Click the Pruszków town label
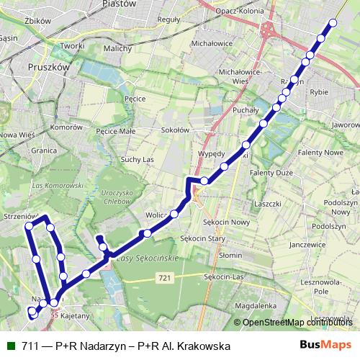pos(48,65)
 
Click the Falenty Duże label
pos(274,173)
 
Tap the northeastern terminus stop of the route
pos(333,23)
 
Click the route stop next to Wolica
pos(174,214)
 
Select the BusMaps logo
pos(326,344)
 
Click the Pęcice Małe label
pos(114,132)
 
